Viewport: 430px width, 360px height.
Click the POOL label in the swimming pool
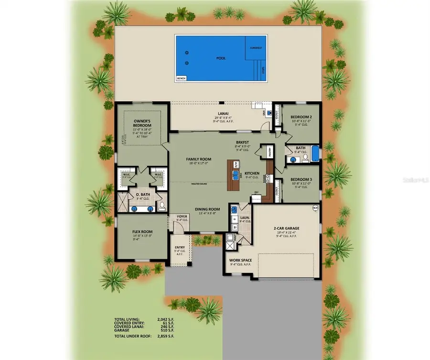coord(221,58)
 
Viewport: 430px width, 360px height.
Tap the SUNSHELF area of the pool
coord(256,48)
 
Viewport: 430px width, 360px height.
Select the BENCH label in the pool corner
coord(181,77)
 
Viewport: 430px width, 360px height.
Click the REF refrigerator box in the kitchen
coord(257,192)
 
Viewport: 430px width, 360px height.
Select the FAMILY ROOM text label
coord(198,159)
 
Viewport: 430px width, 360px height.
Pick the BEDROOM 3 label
coord(301,180)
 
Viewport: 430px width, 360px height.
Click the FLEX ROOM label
coord(141,231)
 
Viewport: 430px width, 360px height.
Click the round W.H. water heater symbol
coord(314,208)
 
